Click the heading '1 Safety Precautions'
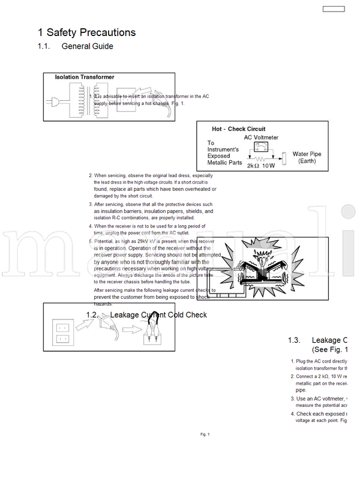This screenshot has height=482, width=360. point(87,32)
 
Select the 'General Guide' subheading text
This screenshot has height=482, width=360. point(87,47)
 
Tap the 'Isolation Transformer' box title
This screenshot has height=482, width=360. point(85,77)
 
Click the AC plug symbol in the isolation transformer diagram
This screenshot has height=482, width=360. point(55,102)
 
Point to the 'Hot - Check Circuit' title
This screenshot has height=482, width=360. point(238,129)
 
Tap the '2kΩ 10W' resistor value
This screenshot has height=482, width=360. point(260,166)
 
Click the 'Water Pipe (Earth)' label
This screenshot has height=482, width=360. point(307,158)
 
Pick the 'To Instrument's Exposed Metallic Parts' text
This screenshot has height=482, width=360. point(224,153)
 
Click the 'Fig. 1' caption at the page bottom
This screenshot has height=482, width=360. point(205,434)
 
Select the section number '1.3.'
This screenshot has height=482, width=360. point(294,340)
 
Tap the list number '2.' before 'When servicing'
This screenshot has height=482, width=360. point(91,176)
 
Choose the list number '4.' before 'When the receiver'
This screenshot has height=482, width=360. point(91,226)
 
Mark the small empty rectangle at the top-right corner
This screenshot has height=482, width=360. point(333,8)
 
